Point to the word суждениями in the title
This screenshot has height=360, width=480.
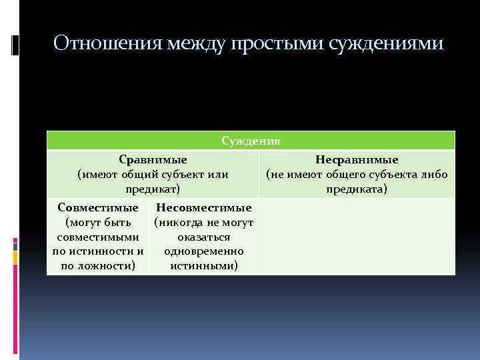[x=387, y=43]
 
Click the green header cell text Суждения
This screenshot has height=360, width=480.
[x=251, y=141]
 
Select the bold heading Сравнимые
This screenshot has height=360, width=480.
[x=153, y=160]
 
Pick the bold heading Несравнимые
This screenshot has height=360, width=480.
[x=357, y=160]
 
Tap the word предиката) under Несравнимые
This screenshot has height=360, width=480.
[x=357, y=189]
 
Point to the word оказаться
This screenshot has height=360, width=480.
[x=203, y=237]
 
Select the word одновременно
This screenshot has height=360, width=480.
[x=203, y=251]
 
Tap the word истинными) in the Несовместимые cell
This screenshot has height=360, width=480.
[x=203, y=266]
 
